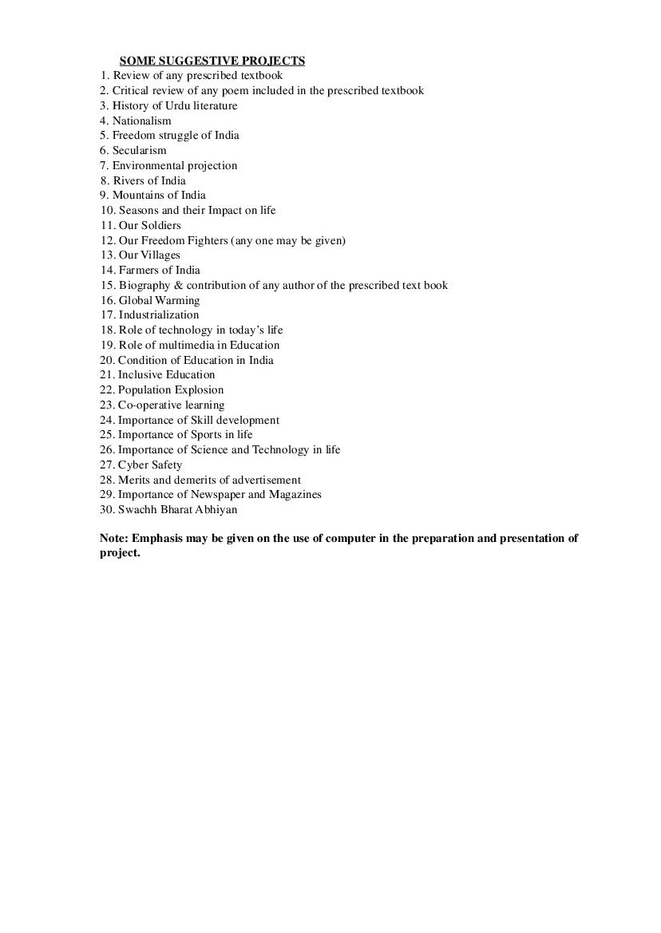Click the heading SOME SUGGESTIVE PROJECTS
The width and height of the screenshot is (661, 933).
(x=212, y=61)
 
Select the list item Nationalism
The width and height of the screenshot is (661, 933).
(x=141, y=121)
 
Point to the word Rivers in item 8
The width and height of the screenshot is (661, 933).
(x=129, y=180)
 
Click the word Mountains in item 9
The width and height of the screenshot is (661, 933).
(x=139, y=195)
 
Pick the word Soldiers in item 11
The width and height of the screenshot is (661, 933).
(x=160, y=225)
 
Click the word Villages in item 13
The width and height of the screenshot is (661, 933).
(x=160, y=255)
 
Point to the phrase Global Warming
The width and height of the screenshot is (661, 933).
(x=159, y=300)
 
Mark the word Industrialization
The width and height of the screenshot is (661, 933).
(x=159, y=314)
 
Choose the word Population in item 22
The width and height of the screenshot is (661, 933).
(x=144, y=389)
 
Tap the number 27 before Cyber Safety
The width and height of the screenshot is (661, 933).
(x=107, y=465)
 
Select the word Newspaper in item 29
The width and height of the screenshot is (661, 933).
(x=200, y=494)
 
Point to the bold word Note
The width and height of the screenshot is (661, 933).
(x=114, y=538)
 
